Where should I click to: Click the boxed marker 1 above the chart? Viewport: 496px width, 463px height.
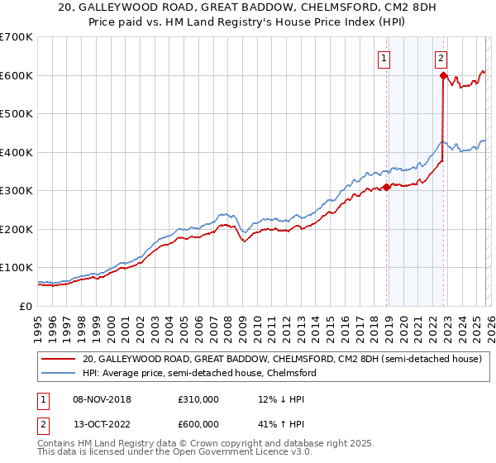coord(385,58)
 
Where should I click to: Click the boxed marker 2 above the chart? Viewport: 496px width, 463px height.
coord(441,58)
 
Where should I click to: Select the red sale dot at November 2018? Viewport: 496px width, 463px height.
coord(386,188)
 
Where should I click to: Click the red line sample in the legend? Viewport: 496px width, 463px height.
coord(58,360)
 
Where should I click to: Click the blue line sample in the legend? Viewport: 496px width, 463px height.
coord(58,374)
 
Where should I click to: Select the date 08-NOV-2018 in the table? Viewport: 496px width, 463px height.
coord(102,399)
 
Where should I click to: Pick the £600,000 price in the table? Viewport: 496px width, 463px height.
coord(198,426)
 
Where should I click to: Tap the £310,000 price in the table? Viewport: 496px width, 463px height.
coord(198,399)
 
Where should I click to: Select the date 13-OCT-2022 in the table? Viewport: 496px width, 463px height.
coord(102,426)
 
